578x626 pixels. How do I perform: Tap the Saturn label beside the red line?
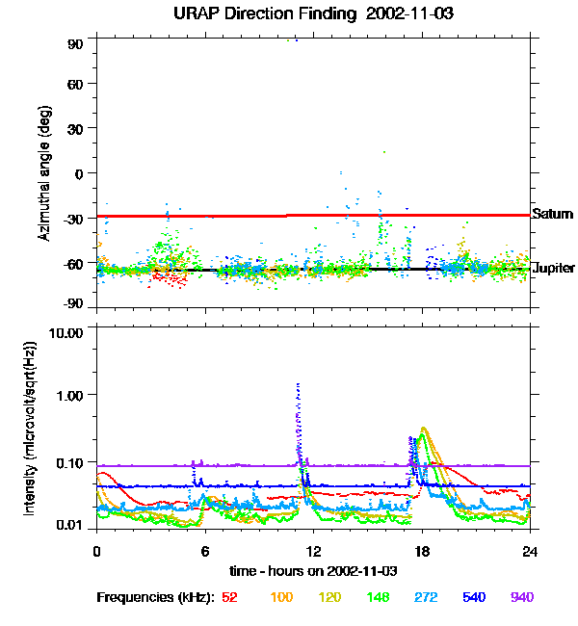(553, 214)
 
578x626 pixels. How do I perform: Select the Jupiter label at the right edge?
(554, 268)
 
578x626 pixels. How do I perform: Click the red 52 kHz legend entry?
(229, 597)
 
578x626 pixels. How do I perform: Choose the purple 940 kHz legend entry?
(521, 597)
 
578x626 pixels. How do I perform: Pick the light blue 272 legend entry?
(425, 597)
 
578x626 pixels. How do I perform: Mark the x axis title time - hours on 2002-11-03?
(313, 571)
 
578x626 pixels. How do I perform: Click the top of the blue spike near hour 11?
(298, 384)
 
